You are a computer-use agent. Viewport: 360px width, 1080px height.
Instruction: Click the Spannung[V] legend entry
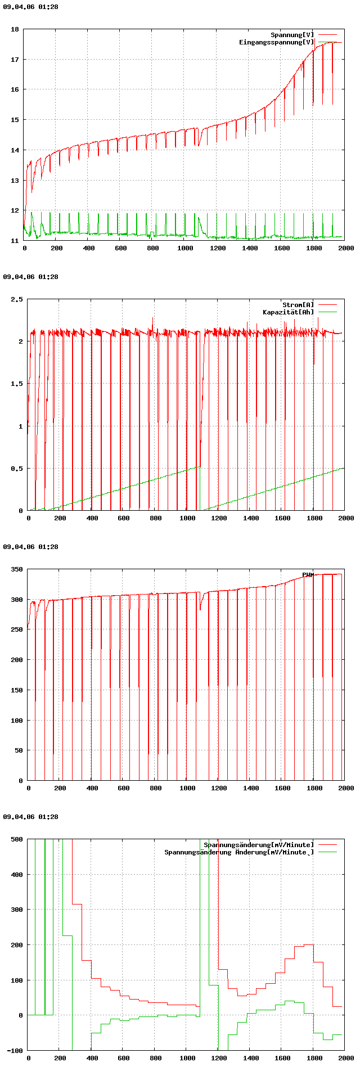click(x=292, y=35)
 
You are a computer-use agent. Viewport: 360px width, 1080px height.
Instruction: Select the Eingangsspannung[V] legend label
click(x=276, y=42)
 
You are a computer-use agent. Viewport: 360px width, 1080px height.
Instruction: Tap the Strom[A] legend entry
click(x=298, y=305)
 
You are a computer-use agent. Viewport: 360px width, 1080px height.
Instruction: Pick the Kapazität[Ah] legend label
click(x=288, y=312)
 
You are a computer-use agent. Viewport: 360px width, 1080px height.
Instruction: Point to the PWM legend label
click(x=308, y=575)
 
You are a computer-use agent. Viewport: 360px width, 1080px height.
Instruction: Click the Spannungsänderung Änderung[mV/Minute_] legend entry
click(x=239, y=852)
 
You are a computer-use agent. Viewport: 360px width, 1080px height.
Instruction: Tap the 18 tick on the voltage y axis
click(x=15, y=29)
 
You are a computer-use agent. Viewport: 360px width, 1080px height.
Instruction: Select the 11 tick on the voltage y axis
click(x=15, y=241)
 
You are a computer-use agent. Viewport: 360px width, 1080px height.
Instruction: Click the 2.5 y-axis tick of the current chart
click(x=17, y=299)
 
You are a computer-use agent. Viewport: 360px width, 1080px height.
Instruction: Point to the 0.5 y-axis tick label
click(x=17, y=469)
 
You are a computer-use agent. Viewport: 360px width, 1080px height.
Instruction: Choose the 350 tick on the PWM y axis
click(x=17, y=569)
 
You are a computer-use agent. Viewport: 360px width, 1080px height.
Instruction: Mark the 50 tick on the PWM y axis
click(x=19, y=750)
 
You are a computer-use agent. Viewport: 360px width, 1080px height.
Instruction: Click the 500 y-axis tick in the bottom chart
click(x=17, y=839)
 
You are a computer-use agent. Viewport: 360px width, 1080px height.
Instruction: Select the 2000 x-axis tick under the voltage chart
click(x=346, y=248)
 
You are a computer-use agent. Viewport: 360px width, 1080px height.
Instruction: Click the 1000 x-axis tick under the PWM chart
click(x=187, y=788)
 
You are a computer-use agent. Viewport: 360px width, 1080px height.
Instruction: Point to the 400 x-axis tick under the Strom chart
click(x=92, y=518)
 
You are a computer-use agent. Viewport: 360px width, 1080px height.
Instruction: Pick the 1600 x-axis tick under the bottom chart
click(x=282, y=1058)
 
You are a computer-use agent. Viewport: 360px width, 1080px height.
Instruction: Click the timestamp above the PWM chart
click(x=30, y=547)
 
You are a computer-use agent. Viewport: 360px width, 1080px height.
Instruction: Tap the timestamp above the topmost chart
click(x=30, y=7)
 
